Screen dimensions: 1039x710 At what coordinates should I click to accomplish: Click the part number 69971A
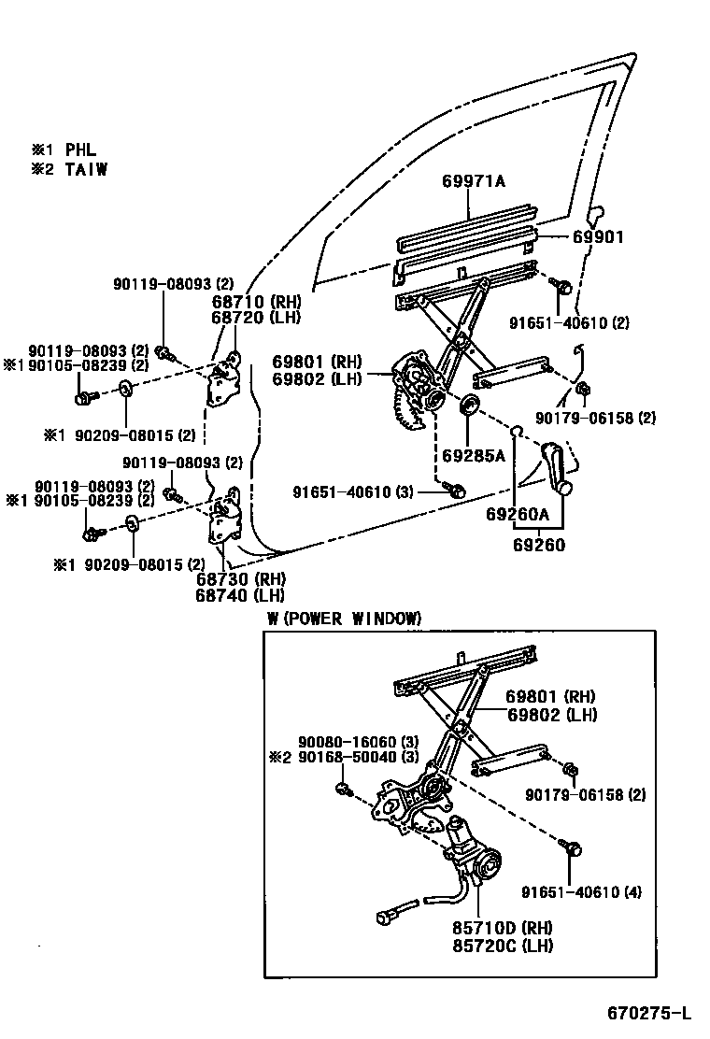pyautogui.click(x=473, y=182)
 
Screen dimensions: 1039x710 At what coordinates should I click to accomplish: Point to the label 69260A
pyautogui.click(x=517, y=514)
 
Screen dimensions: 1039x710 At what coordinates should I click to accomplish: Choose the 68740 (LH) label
pyautogui.click(x=240, y=594)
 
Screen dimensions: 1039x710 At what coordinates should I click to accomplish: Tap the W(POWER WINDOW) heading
pyautogui.click(x=344, y=619)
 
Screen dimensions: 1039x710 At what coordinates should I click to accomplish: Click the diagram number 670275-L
pyautogui.click(x=649, y=1013)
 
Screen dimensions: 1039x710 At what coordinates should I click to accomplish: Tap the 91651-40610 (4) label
pyautogui.click(x=581, y=891)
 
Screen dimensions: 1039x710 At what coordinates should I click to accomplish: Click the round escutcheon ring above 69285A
pyautogui.click(x=469, y=405)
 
